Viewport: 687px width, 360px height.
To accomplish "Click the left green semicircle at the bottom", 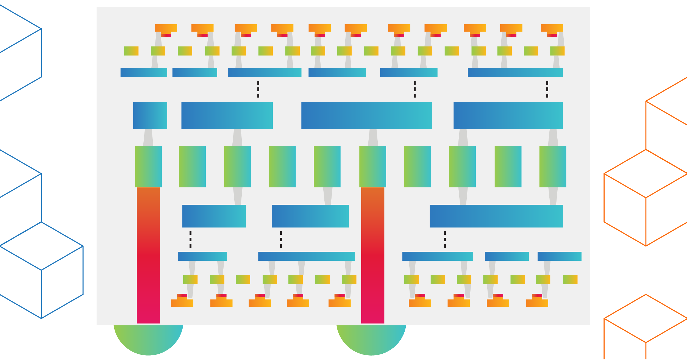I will coord(148,340).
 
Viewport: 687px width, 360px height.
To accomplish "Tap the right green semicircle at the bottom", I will coord(371,340).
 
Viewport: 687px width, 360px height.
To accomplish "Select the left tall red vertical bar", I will coord(148,256).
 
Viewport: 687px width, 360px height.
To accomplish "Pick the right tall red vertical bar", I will coord(372,256).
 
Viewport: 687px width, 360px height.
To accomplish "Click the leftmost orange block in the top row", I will coord(166,28).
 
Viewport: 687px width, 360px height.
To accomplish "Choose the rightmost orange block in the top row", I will coord(552,28).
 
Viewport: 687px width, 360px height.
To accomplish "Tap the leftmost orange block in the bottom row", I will coord(182,303).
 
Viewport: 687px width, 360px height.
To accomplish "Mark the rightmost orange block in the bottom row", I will coord(537,303).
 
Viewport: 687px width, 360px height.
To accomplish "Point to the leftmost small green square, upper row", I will coord(131,51).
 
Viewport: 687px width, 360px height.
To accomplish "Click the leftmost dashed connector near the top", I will coord(258,89).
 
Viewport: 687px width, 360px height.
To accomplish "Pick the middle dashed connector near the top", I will coord(415,89).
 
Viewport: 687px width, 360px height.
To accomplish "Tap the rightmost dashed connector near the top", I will coord(547,89).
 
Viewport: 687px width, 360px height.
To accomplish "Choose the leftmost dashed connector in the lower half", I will coord(190,239).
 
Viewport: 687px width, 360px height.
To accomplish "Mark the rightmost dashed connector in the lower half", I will coord(445,239).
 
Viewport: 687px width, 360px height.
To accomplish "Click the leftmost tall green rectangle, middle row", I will coord(148,167).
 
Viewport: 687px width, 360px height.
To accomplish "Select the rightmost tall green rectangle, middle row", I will coord(553,167).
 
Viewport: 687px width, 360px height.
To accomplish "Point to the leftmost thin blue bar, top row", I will coord(144,73).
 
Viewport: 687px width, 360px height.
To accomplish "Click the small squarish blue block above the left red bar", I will coord(150,115).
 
